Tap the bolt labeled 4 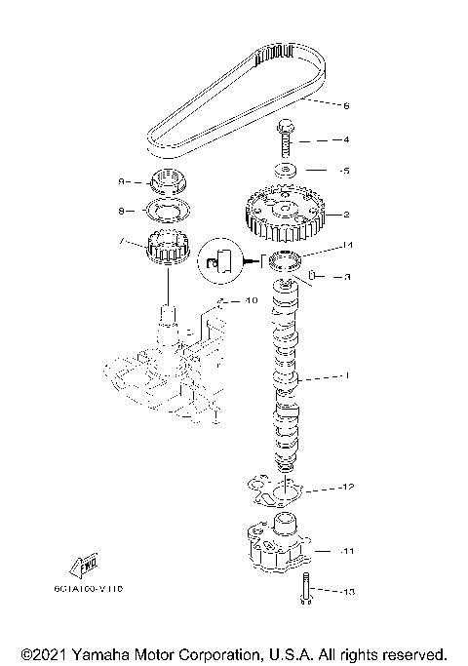click(286, 139)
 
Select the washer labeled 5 click(286, 170)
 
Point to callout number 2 click(345, 214)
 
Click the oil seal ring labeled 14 click(288, 260)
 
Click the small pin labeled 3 click(314, 277)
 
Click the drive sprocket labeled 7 click(168, 253)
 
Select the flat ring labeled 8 click(168, 210)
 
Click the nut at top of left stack click(168, 181)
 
